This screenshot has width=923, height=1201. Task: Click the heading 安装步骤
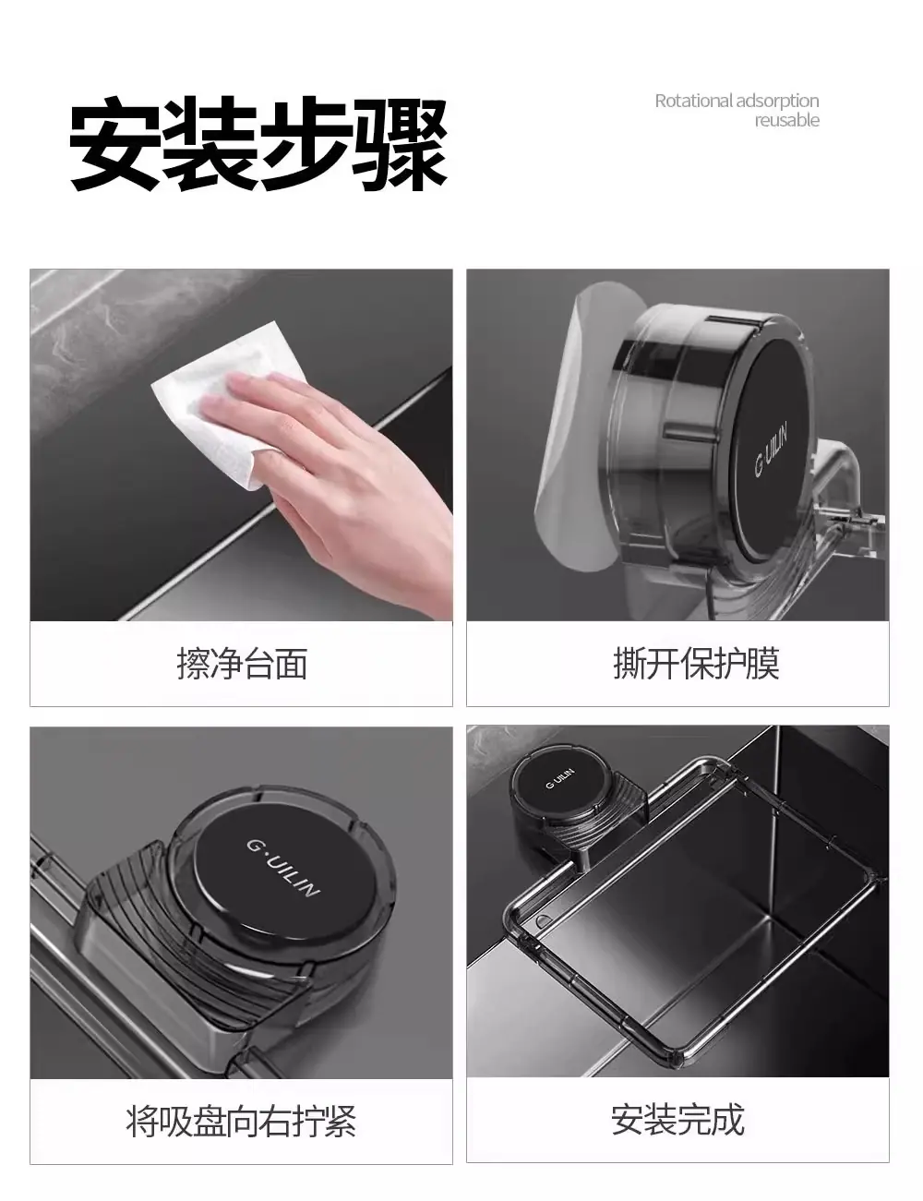[x=258, y=145]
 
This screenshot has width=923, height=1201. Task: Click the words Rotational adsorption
[x=737, y=102]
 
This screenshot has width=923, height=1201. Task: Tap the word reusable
[x=787, y=120]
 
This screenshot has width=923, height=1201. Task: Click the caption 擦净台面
[x=242, y=663]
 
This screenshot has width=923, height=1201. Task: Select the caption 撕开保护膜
[x=697, y=663]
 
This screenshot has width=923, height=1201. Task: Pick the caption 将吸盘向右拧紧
[x=242, y=1121]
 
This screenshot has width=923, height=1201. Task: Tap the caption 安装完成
[x=677, y=1120]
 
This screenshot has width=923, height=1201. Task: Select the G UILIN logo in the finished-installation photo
[x=560, y=778]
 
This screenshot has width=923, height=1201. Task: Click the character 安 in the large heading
[x=114, y=145]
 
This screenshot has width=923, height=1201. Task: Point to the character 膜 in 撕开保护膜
[x=762, y=663]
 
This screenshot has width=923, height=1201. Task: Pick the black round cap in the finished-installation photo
[x=559, y=778]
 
